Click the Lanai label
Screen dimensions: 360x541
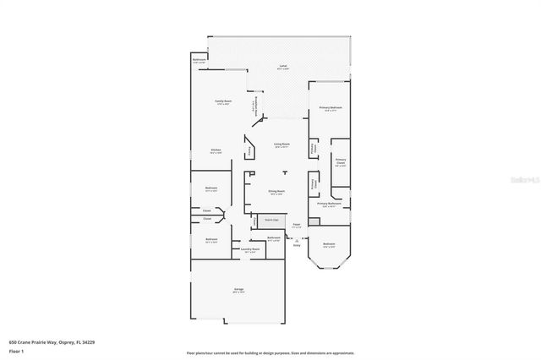click(284, 66)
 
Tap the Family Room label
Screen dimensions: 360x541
click(222, 101)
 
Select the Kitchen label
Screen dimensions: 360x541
click(216, 150)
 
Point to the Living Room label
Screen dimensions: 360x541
click(281, 145)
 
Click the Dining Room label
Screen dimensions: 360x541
click(276, 192)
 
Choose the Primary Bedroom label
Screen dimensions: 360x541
click(331, 107)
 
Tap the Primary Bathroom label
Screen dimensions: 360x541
click(329, 204)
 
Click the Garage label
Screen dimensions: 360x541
click(239, 290)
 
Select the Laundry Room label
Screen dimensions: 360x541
click(249, 249)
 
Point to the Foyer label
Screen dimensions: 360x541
click(296, 225)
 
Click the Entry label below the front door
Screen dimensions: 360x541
click(297, 246)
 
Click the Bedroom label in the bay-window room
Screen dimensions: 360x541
click(331, 246)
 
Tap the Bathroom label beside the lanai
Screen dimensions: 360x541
click(199, 60)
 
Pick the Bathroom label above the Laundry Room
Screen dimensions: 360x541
click(274, 237)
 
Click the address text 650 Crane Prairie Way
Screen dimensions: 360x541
click(42, 342)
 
